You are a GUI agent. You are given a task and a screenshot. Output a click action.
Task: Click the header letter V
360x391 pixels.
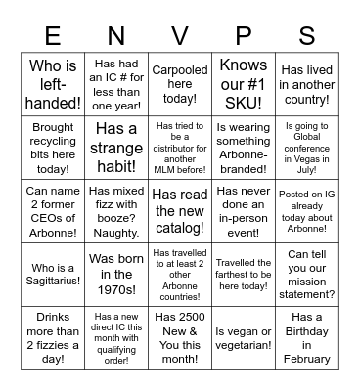[x=180, y=36]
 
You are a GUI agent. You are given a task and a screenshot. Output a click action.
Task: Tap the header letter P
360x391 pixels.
[x=244, y=36]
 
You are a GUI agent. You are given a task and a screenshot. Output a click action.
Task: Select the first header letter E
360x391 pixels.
[x=52, y=36]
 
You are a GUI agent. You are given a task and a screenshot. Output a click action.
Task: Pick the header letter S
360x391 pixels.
[x=307, y=36]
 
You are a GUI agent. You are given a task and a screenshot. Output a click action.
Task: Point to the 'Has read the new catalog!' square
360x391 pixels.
[x=180, y=201]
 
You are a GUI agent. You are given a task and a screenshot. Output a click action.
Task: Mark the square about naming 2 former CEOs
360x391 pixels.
[x=52, y=201]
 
